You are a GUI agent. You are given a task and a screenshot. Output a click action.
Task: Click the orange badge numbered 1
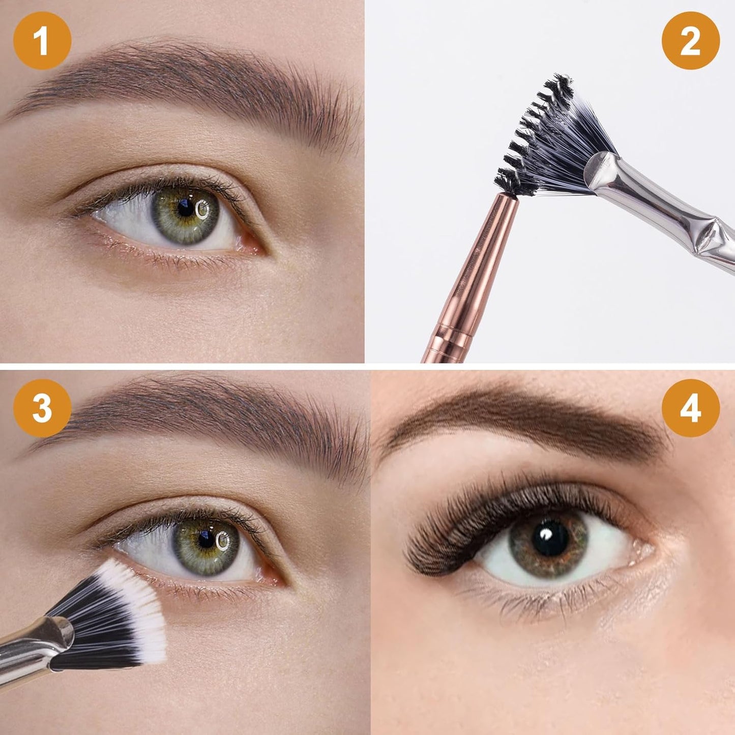click(42, 41)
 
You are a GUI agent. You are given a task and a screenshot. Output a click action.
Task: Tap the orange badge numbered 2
click(690, 41)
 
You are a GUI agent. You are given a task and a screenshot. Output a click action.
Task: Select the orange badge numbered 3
click(42, 408)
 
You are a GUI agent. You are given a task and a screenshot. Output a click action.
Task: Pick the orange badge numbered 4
click(690, 408)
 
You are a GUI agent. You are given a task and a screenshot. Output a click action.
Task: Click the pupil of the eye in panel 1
click(186, 208)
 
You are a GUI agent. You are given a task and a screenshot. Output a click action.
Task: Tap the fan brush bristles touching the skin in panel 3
click(122, 610)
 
